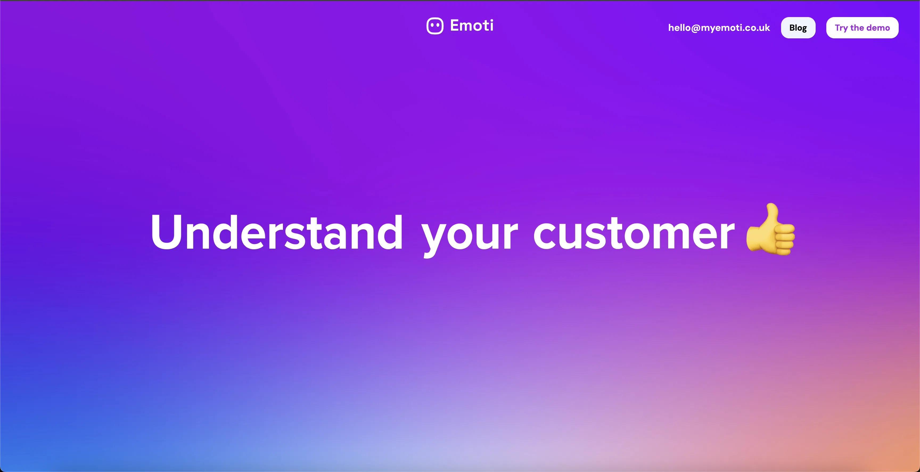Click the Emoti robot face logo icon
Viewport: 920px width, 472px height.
click(x=435, y=26)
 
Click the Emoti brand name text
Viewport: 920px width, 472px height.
click(x=471, y=25)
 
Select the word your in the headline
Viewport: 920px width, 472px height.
click(x=469, y=234)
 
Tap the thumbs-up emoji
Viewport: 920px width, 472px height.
click(x=771, y=230)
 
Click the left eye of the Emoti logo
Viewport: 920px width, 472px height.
click(x=432, y=25)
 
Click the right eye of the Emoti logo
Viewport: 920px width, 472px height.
click(x=438, y=25)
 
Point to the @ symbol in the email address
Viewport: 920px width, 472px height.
click(x=695, y=28)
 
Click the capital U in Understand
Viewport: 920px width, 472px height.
click(x=166, y=232)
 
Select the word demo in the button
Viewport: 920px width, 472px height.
click(x=878, y=28)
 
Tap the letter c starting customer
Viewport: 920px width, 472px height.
click(x=545, y=236)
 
